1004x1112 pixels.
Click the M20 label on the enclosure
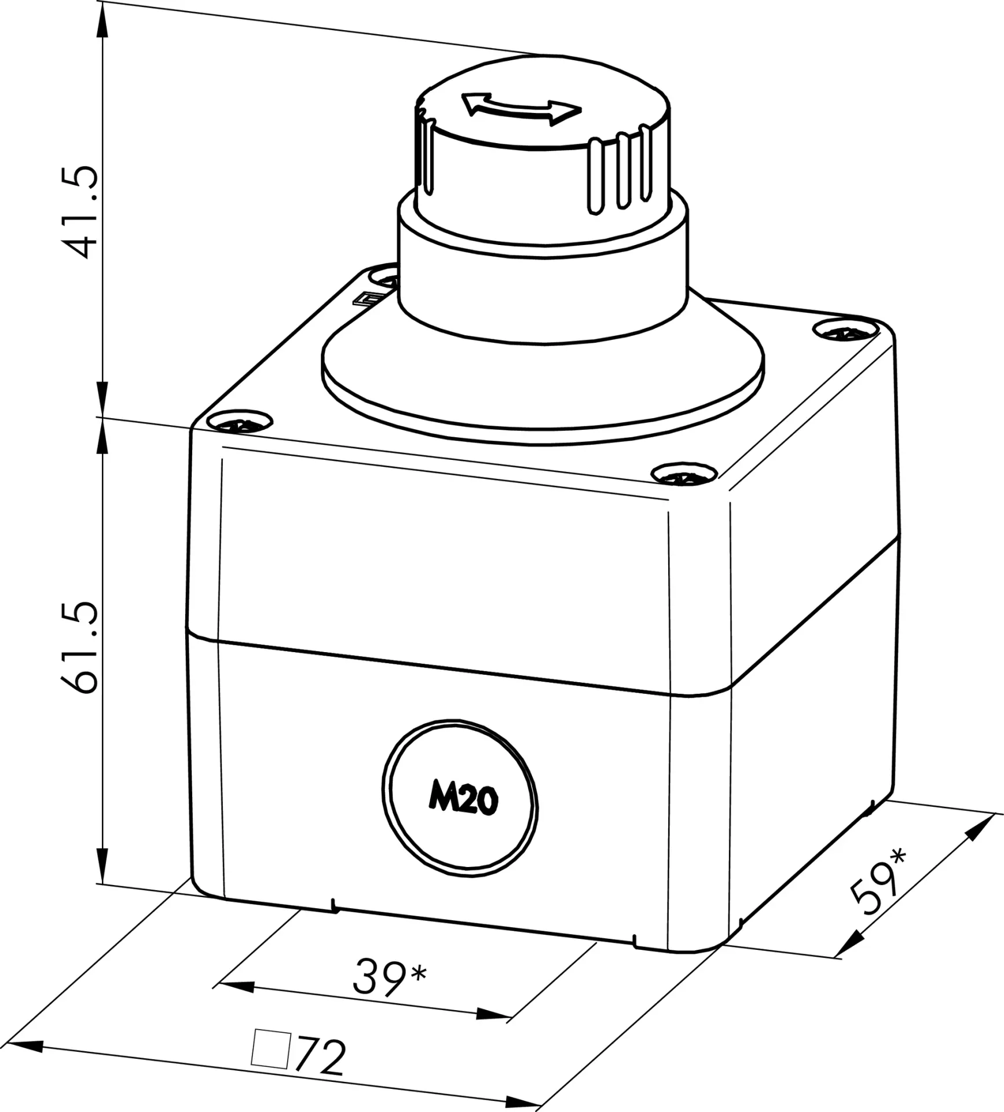[x=463, y=801]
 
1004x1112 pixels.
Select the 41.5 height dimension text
[x=80, y=212]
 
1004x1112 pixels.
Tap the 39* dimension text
[x=389, y=976]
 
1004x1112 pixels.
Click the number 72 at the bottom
[x=320, y=1057]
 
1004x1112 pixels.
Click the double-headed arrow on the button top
[x=521, y=108]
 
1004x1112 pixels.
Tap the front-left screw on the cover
[x=239, y=422]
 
